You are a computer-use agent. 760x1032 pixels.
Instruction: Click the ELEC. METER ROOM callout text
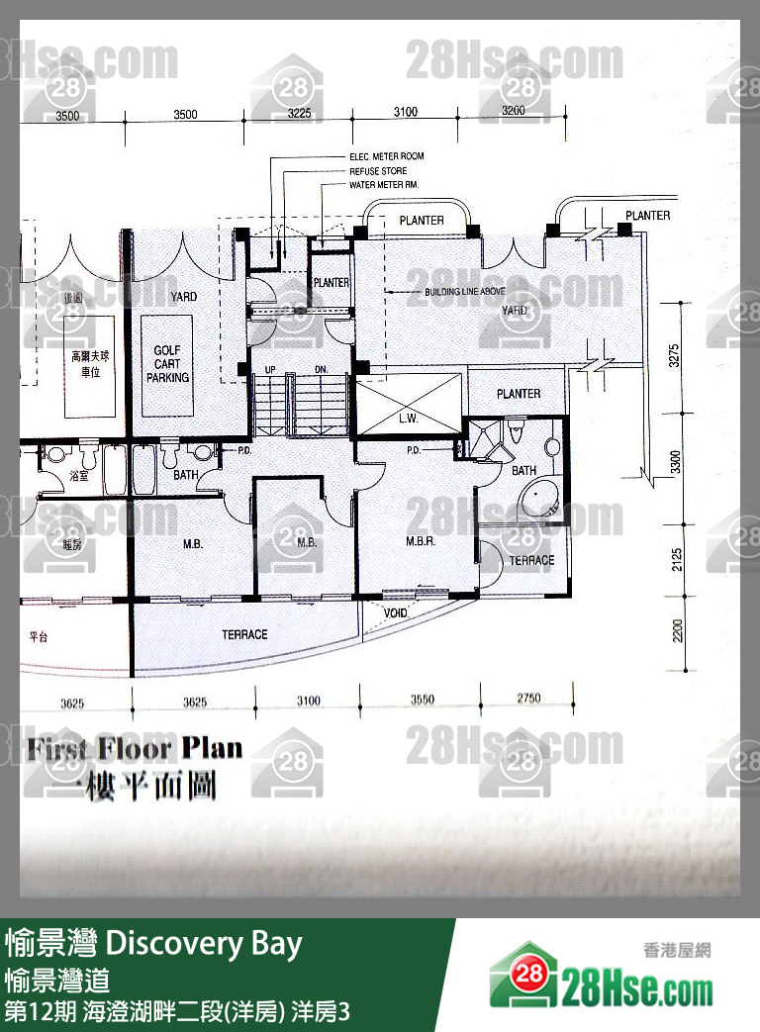386,157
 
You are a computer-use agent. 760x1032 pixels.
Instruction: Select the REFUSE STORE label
378,171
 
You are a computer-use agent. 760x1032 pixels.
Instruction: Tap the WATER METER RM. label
384,185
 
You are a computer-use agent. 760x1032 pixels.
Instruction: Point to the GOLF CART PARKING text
167,364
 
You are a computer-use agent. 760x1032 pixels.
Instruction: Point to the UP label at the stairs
270,369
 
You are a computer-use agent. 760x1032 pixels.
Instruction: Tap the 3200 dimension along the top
513,111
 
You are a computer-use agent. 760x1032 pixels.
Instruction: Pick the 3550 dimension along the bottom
422,701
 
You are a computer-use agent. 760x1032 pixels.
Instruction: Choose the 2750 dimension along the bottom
528,699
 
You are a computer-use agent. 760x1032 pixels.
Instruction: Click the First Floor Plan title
135,748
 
